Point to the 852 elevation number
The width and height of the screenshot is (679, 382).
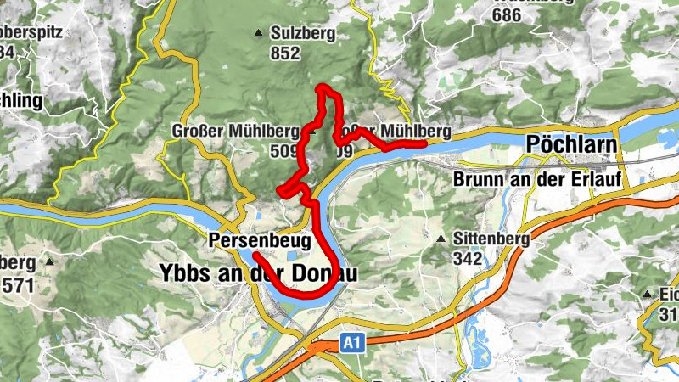tap(286, 53)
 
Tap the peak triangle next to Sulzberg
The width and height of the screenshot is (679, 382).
tap(258, 34)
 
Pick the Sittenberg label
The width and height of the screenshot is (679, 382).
tap(491, 239)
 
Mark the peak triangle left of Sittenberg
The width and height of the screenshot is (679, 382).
tap(441, 239)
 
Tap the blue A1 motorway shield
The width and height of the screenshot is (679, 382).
tap(352, 341)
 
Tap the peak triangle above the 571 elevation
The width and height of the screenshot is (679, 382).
tap(49, 263)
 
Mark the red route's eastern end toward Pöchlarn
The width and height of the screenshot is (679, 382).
tap(424, 143)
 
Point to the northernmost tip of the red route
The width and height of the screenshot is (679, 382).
tap(320, 87)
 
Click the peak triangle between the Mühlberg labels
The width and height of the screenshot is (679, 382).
tap(312, 132)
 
